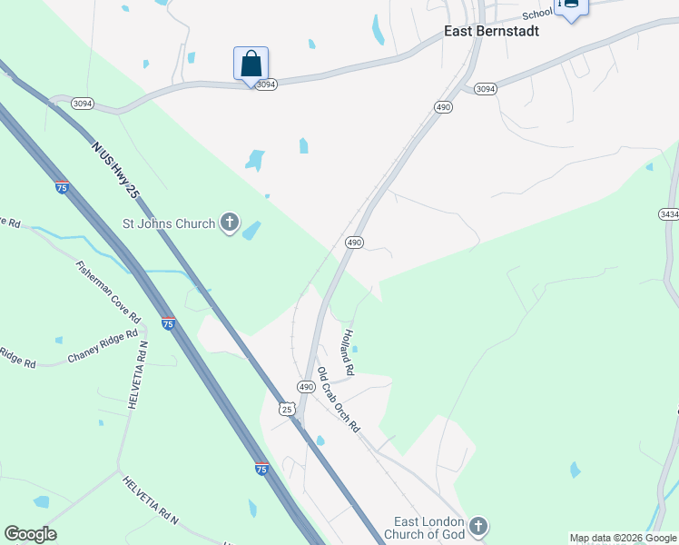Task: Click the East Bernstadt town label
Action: coord(491,31)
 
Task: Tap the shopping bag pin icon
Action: coord(251,64)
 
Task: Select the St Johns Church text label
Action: coord(170,223)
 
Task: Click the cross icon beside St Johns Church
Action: coord(231,223)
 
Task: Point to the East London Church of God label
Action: coord(428,528)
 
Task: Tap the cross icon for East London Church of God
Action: coord(478,527)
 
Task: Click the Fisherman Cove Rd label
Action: coord(109,292)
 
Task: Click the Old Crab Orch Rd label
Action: coord(339,400)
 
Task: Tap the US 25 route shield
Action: coord(287,409)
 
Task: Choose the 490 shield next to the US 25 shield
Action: coord(307,387)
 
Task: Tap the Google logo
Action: coord(30,534)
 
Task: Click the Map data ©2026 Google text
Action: coord(624,538)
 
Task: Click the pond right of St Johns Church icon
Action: coord(251,231)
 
